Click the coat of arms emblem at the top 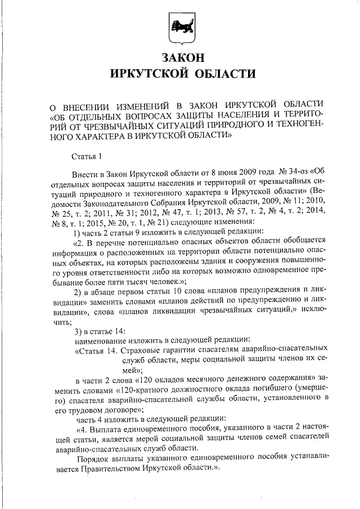(x=179, y=28)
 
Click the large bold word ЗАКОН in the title (x=179, y=57)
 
